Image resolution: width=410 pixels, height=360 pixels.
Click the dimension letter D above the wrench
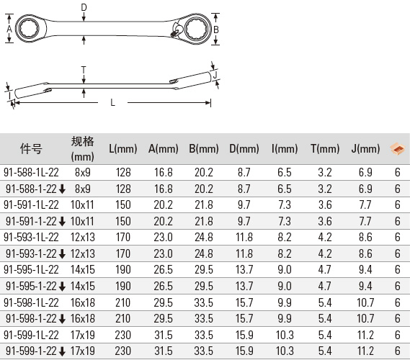(x=84, y=7)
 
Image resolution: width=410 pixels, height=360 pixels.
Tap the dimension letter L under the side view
(x=112, y=102)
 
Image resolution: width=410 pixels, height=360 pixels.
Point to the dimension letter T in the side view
(x=84, y=70)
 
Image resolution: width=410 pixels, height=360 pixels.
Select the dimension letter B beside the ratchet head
(x=216, y=30)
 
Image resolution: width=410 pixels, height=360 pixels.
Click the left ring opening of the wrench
(x=29, y=28)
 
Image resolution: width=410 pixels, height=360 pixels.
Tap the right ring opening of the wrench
(x=197, y=28)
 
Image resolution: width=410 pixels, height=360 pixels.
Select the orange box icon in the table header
(x=398, y=149)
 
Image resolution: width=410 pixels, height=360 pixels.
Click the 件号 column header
(x=31, y=149)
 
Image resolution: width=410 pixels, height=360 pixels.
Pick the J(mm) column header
(x=365, y=149)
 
